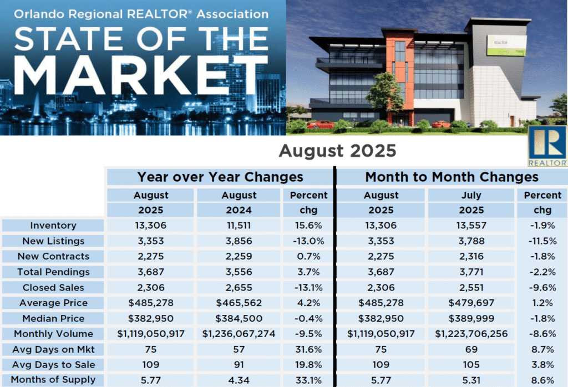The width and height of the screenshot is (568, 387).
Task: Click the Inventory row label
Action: point(54,226)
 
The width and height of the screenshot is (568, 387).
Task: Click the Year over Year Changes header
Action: point(220,177)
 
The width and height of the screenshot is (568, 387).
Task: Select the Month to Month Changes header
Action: point(452,177)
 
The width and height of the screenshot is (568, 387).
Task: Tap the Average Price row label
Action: point(54,303)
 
